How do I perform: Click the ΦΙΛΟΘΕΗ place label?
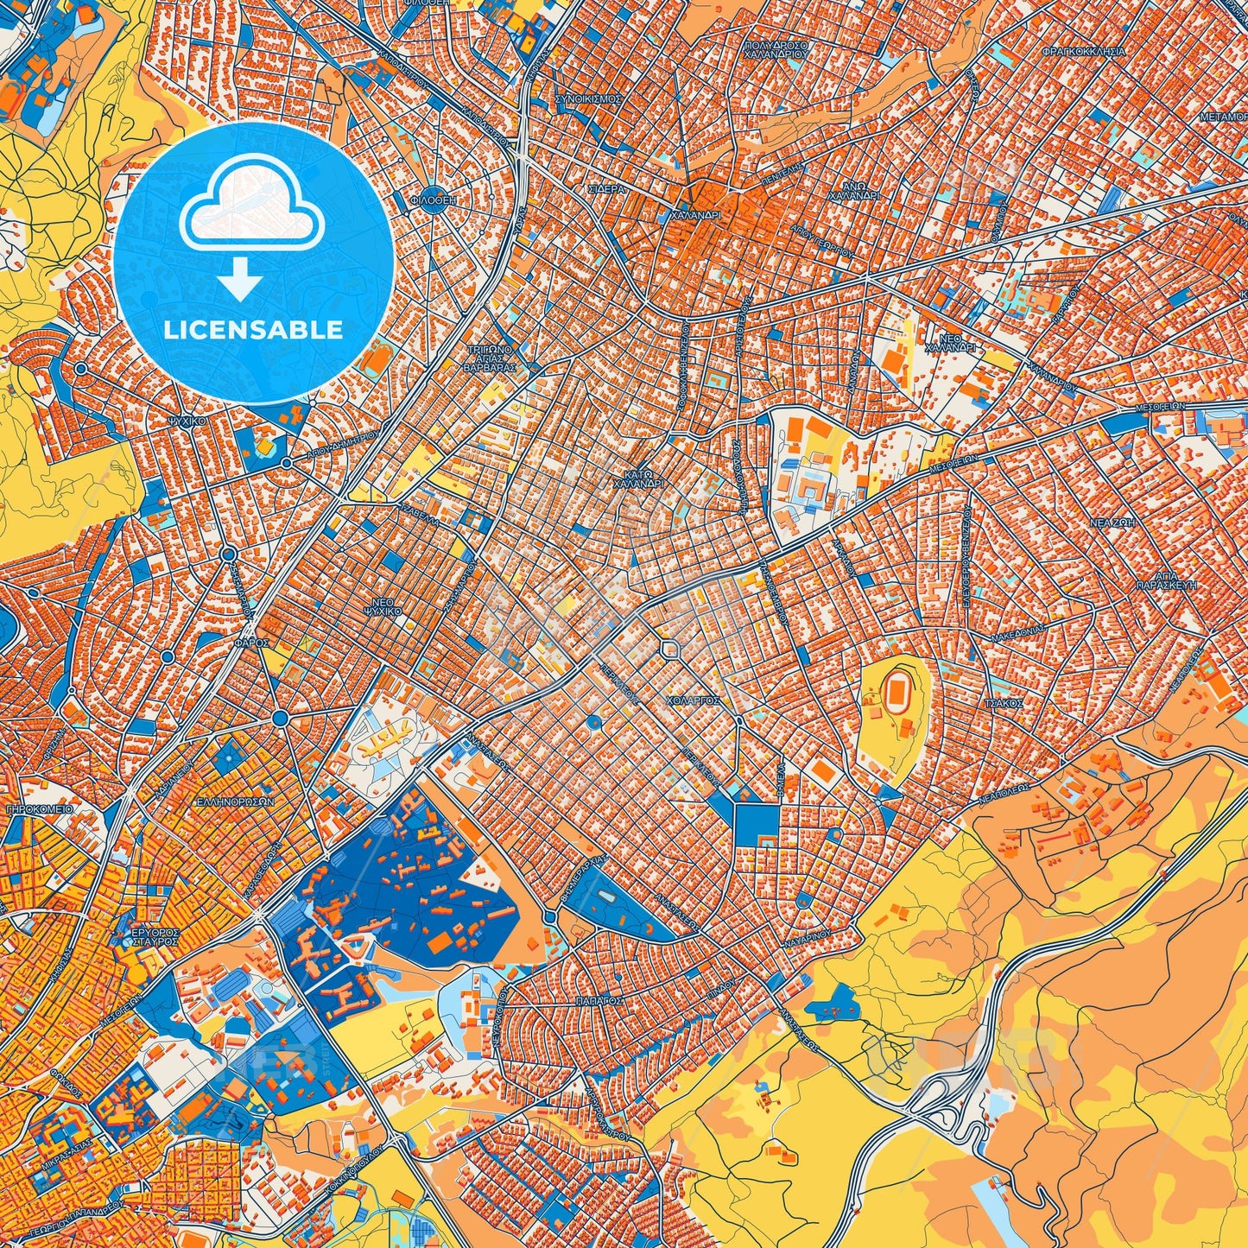tap(433, 199)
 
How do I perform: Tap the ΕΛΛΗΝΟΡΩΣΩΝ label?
tap(235, 801)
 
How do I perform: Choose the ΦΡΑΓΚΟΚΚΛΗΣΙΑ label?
tap(1083, 52)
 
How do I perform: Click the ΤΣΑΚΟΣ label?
tap(1004, 704)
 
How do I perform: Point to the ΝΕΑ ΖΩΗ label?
tap(1115, 523)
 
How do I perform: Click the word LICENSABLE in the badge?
tap(254, 330)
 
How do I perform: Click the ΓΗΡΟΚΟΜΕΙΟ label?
tap(39, 810)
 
